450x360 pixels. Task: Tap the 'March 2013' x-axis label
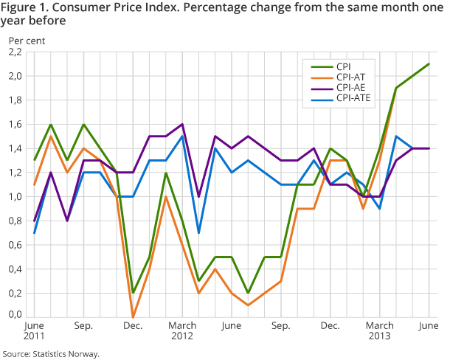pos(381,329)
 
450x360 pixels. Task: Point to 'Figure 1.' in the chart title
pos(24,7)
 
